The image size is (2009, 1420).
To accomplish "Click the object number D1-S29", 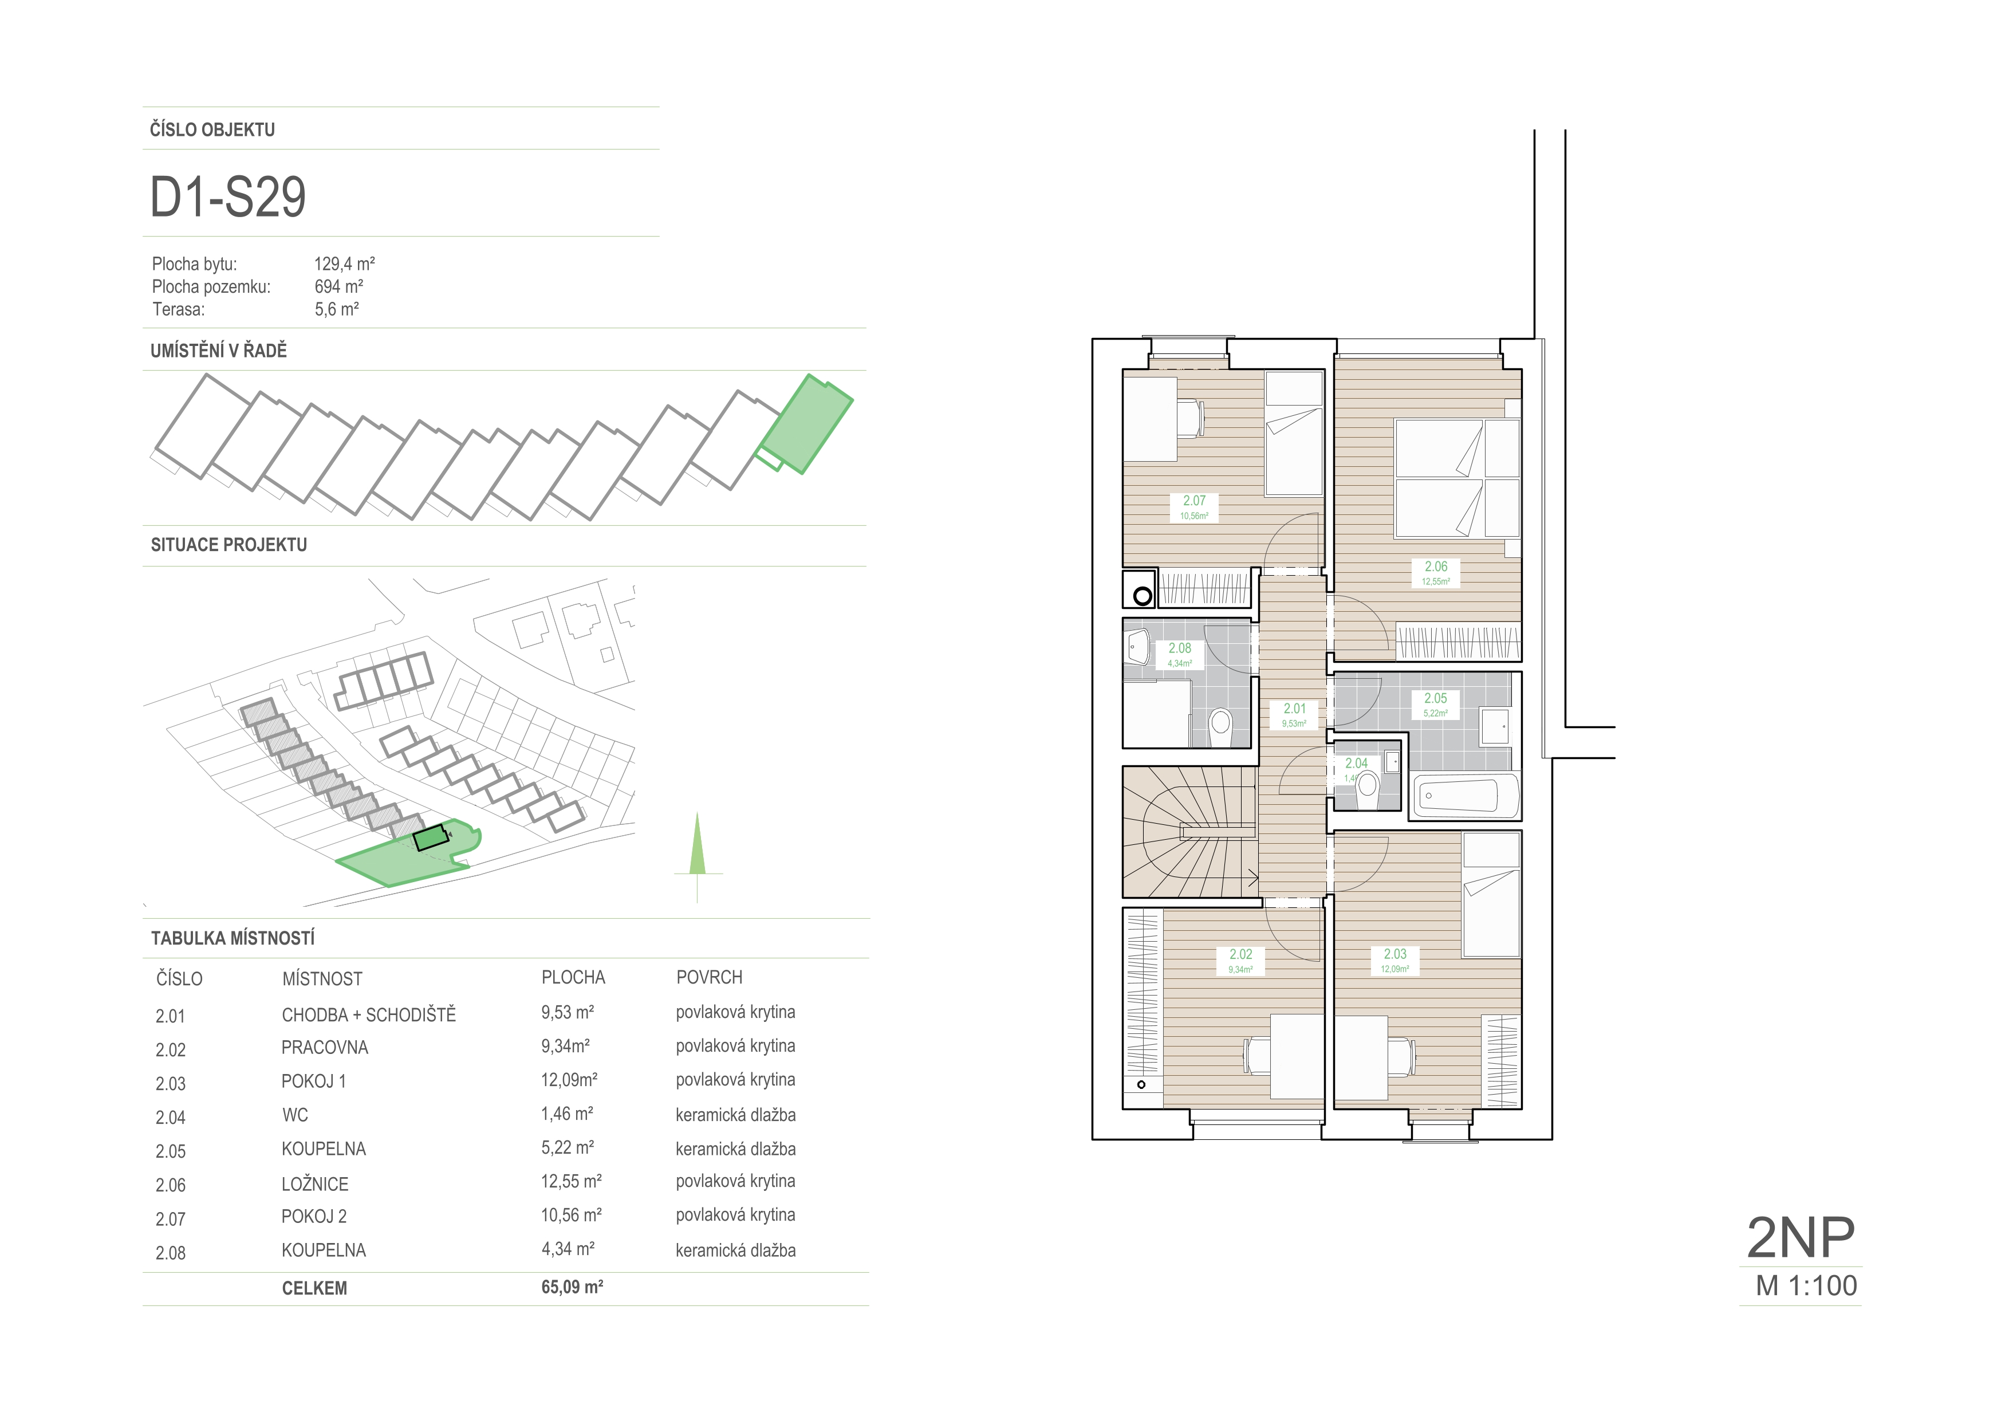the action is tap(229, 197).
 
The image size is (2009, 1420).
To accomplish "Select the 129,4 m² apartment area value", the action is tap(345, 263).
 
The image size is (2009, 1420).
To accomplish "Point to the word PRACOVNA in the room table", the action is tap(325, 1047).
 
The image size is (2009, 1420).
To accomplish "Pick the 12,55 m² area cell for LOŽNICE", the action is tap(572, 1181).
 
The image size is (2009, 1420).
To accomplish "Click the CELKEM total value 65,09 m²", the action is tap(572, 1287).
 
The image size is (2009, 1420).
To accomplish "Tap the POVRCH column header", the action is tap(710, 977).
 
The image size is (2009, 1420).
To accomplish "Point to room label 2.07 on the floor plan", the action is tap(1195, 501).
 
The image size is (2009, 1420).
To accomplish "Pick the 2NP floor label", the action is tap(1801, 1236).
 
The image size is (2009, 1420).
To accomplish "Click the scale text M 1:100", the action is tap(1806, 1285).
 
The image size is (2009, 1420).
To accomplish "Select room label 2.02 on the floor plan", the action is tap(1241, 954).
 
